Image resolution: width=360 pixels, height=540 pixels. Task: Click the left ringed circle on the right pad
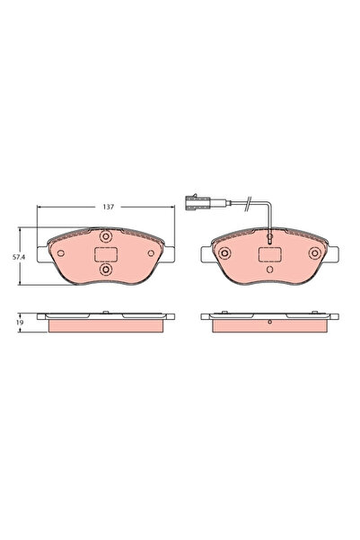[x=225, y=252]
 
